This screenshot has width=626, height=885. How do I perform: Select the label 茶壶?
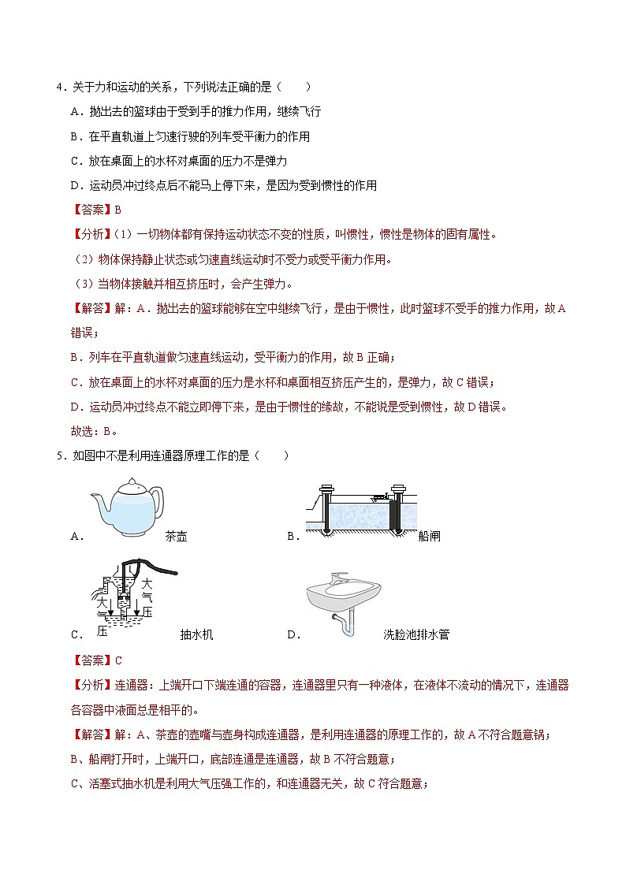(x=177, y=537)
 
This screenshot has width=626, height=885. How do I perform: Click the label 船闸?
(x=429, y=537)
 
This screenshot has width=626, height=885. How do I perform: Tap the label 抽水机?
(x=196, y=634)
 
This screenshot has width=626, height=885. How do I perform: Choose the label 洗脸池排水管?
(x=415, y=634)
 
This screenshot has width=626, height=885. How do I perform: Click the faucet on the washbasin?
(x=339, y=578)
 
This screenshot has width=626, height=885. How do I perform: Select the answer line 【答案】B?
(x=95, y=210)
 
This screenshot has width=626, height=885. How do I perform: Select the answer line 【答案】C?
(x=96, y=660)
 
